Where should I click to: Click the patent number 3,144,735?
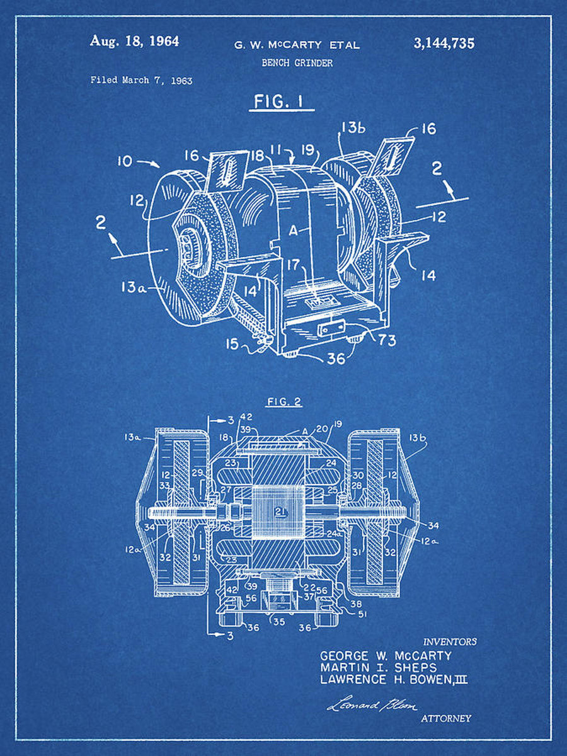point(444,43)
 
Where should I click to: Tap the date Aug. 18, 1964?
point(134,42)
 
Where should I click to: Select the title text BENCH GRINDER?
point(297,63)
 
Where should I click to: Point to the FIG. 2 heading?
point(284,401)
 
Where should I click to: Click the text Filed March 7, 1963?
point(142,80)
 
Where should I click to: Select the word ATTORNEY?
point(445,718)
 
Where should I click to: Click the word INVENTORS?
point(450,641)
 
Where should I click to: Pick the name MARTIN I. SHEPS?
point(378,667)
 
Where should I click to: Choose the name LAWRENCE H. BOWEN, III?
point(394,680)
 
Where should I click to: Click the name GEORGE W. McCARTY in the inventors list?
point(386,655)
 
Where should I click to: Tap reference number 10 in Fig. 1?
point(125,161)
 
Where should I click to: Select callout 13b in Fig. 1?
point(353,129)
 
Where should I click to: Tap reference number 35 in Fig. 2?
point(278,621)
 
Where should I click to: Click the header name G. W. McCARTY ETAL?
point(297,45)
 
